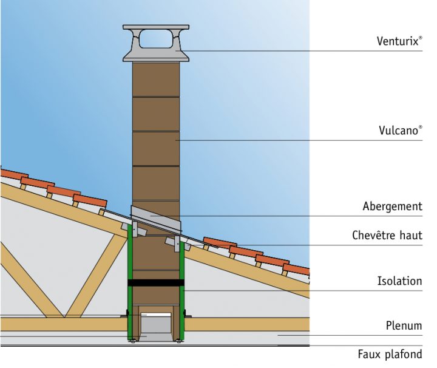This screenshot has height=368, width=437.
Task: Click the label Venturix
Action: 399,41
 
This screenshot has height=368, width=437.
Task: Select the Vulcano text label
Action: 398,131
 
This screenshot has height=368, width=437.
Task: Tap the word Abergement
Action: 392,206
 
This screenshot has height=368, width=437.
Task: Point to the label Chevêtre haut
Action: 387,235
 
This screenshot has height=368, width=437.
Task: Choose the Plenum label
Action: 404,325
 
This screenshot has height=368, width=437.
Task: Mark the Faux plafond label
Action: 389,354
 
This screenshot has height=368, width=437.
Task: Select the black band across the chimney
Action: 156,282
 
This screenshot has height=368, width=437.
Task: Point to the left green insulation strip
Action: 130,285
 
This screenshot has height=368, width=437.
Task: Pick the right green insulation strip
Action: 181,285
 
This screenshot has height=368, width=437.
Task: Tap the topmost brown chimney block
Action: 156,79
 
